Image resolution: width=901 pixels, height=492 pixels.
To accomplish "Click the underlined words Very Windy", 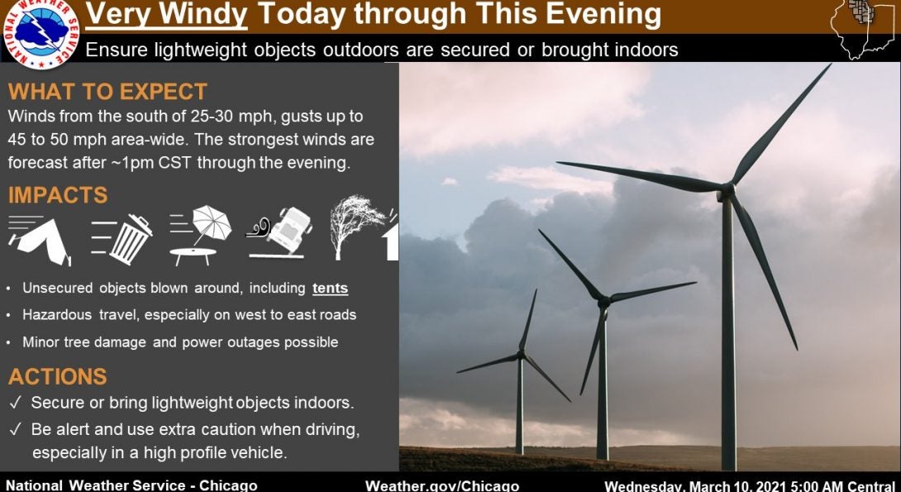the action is (167, 16).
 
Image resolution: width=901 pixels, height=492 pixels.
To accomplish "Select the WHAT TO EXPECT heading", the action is (107, 92).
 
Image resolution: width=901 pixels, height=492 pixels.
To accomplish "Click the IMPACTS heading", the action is (58, 195).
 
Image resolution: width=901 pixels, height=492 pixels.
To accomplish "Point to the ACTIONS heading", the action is (58, 376).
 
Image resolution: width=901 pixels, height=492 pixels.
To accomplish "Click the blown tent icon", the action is (39, 241).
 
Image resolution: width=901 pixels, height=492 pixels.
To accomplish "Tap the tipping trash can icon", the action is (122, 239).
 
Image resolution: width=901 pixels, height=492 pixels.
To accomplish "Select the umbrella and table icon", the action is (201, 236).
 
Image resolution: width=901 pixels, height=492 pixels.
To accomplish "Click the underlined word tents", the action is (331, 288).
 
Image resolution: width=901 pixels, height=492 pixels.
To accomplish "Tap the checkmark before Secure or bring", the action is (16, 403).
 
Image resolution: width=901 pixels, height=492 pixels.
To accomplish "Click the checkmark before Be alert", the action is (16, 429).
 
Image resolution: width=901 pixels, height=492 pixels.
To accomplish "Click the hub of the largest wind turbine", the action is (727, 191).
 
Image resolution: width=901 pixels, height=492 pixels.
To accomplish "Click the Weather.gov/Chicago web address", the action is (442, 485).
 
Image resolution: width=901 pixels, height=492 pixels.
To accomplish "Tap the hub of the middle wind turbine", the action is (603, 301).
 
